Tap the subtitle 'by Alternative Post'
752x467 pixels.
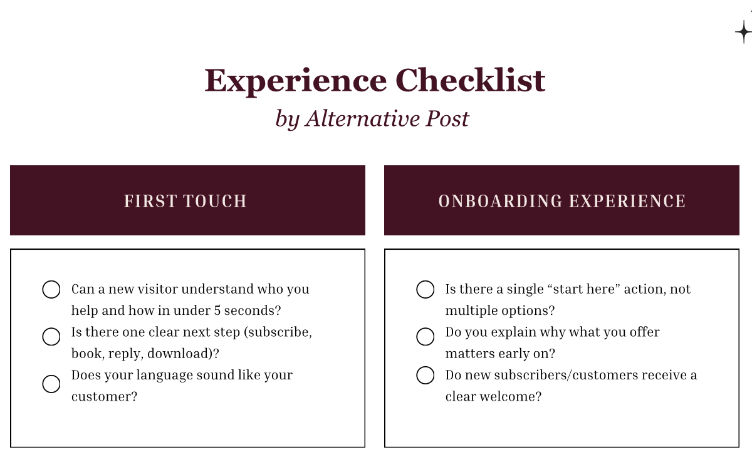(372, 118)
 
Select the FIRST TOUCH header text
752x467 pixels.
(185, 201)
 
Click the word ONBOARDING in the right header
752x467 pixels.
(492, 201)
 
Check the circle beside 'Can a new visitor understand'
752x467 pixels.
(51, 290)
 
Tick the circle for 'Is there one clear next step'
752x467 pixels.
(51, 337)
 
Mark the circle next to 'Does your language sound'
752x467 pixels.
(51, 384)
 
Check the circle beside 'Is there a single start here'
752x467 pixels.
(426, 290)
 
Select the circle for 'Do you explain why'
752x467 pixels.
(426, 337)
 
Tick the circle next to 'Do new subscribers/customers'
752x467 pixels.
(426, 376)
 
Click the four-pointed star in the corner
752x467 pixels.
(743, 31)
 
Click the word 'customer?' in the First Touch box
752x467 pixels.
(104, 397)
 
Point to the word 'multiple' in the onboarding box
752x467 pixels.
(469, 310)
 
